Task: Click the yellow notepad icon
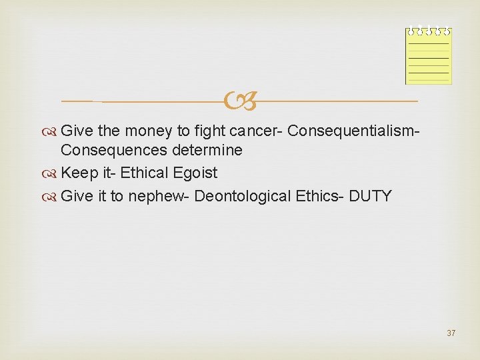[x=429, y=57]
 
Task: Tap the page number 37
[x=451, y=333]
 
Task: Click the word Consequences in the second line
[x=109, y=151]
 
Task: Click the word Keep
[x=77, y=173]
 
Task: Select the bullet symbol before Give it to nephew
[x=53, y=197]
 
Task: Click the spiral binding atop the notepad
[x=429, y=31]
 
